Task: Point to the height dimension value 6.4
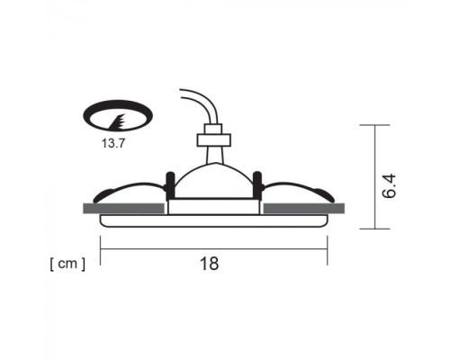389,187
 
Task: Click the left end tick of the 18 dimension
100,254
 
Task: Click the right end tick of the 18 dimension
328,254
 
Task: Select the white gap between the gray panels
214,209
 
